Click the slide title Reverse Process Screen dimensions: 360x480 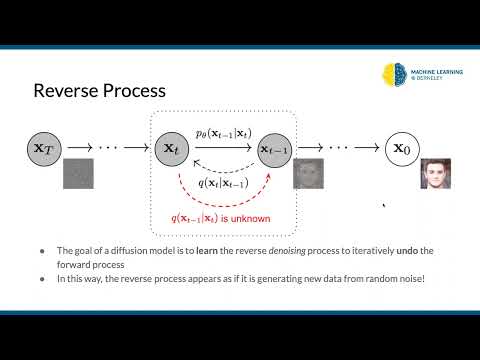pos(99,92)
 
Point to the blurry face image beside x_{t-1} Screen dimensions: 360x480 pos(307,174)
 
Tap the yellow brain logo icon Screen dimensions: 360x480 pos(393,74)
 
